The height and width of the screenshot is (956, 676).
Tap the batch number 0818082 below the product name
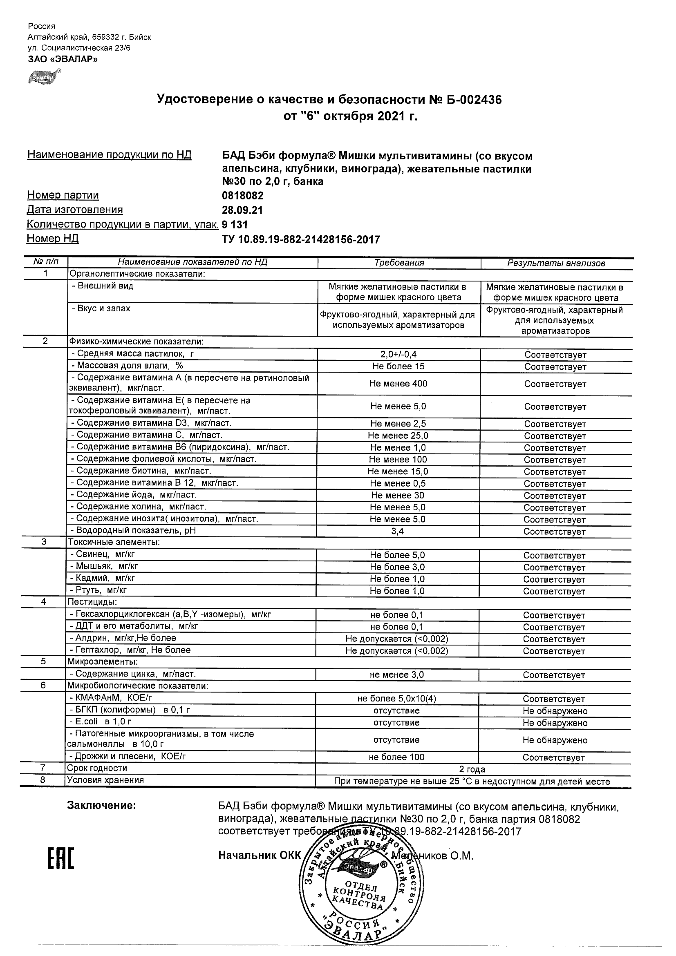click(x=243, y=196)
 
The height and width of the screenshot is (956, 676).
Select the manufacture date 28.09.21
click(x=242, y=210)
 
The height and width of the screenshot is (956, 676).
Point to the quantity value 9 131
click(x=235, y=225)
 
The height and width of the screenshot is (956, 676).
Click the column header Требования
click(x=399, y=263)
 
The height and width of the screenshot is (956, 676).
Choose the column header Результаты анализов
click(x=556, y=263)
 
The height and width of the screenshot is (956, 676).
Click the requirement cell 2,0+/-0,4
click(x=398, y=354)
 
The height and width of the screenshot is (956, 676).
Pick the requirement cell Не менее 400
click(x=398, y=384)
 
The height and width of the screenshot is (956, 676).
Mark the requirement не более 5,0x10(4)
click(x=396, y=699)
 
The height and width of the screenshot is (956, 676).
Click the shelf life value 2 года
click(x=472, y=769)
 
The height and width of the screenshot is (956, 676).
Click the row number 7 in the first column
click(x=43, y=768)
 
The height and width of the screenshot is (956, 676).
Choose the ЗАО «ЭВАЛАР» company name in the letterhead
click(x=63, y=59)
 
